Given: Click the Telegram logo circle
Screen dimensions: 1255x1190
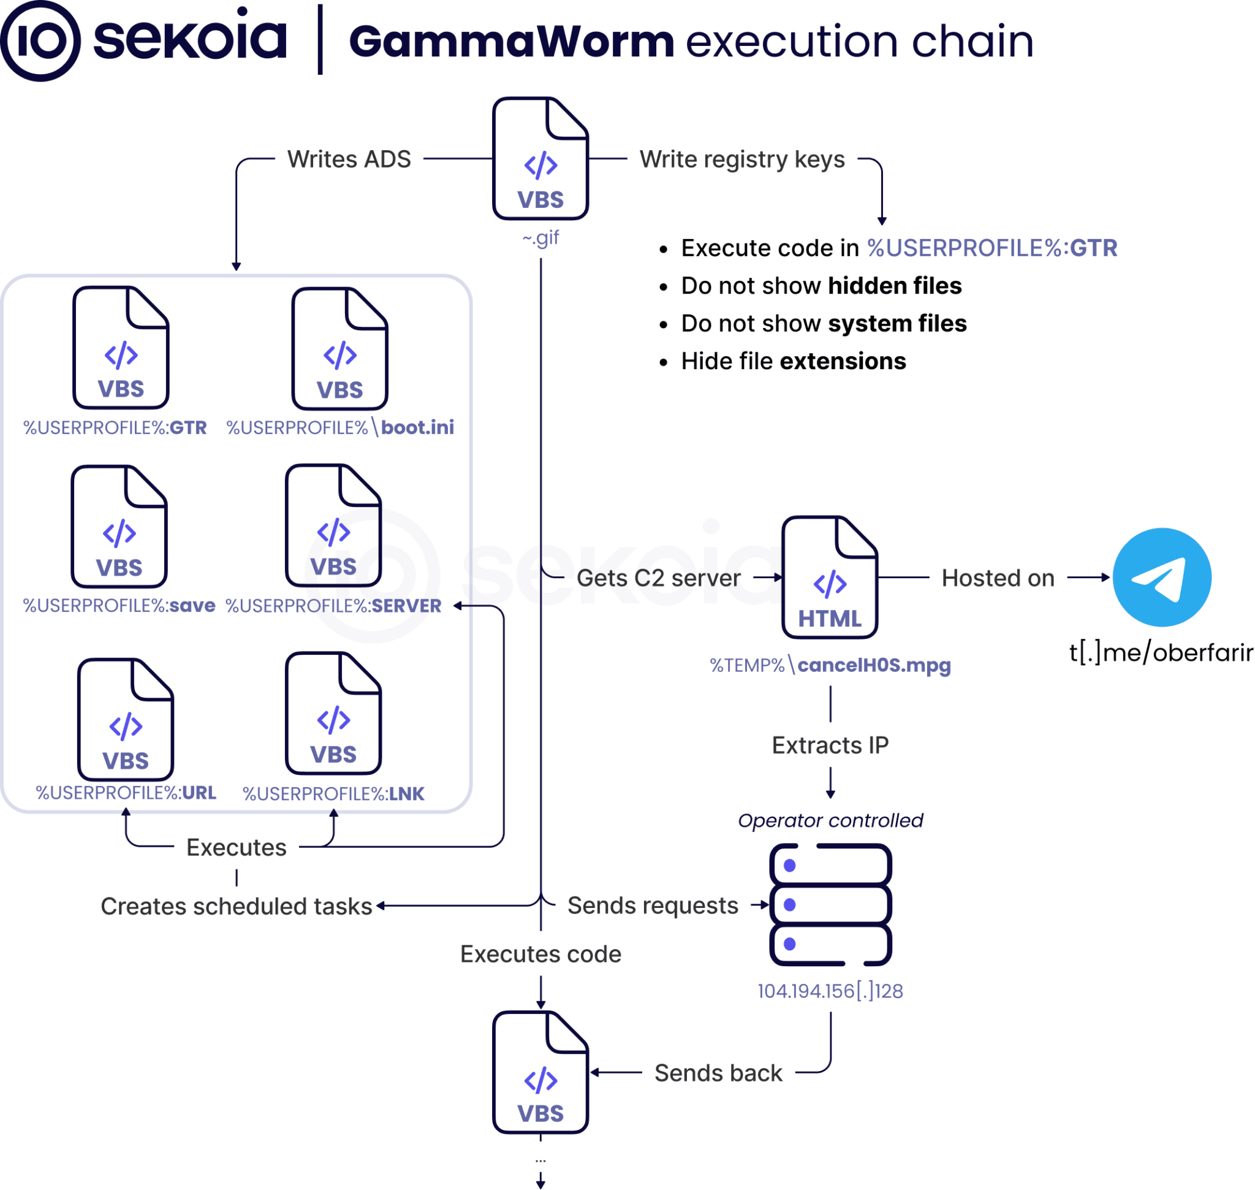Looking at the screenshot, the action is click(1162, 578).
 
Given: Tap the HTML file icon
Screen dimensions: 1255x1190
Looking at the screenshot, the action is click(830, 578).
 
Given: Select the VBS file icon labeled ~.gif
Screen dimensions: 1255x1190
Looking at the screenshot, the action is click(540, 159).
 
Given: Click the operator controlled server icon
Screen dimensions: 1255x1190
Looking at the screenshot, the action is click(830, 904).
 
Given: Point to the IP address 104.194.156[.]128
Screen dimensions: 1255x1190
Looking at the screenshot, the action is click(830, 991).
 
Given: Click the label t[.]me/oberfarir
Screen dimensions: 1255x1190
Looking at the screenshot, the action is click(1161, 653).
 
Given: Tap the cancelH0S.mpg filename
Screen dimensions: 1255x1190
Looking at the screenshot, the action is click(874, 665).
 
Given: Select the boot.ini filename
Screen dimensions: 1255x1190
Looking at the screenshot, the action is click(417, 427).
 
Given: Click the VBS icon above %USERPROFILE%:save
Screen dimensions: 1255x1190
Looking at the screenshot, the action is click(119, 527).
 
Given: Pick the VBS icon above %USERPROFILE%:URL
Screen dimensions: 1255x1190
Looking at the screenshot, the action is click(126, 719).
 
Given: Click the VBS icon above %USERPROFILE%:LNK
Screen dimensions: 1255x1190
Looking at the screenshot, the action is click(333, 713).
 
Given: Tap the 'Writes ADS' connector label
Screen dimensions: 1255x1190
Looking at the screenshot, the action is click(349, 159).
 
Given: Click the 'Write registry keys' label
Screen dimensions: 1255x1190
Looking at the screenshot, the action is click(742, 160).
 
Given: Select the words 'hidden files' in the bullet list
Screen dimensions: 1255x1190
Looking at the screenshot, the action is click(895, 286).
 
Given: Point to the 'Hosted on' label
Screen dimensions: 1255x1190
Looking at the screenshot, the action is click(998, 578).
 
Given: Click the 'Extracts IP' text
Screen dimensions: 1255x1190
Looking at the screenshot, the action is click(830, 746).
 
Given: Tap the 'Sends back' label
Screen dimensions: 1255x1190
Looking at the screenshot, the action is click(719, 1074).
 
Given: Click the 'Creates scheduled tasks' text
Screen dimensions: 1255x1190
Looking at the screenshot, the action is click(237, 907).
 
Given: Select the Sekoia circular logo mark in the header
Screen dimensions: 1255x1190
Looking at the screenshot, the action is click(40, 40).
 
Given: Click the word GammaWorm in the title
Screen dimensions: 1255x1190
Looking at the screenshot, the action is click(512, 42).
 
